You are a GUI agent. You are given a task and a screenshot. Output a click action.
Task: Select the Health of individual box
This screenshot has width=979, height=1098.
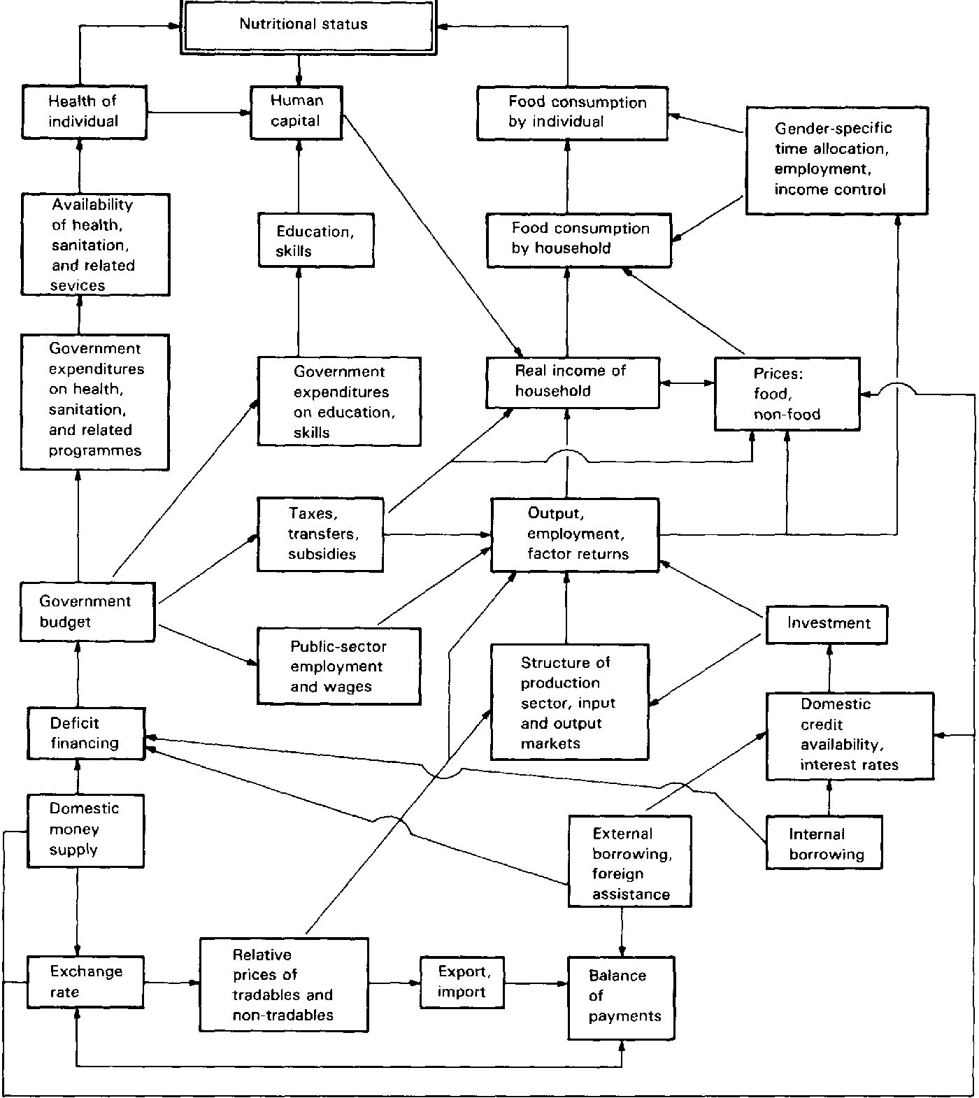(x=84, y=112)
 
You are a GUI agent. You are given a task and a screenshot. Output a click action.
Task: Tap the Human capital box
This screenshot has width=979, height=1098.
(x=296, y=112)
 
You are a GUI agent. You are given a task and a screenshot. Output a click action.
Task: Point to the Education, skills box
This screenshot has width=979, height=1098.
(x=316, y=241)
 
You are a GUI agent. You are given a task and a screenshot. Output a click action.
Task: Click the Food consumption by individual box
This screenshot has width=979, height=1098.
(x=573, y=113)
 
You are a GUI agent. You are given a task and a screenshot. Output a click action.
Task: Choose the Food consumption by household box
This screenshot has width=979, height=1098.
(x=579, y=240)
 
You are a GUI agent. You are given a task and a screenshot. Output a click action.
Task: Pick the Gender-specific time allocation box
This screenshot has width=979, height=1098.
(x=837, y=160)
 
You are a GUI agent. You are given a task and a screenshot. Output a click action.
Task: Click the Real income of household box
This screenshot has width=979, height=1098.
(x=573, y=383)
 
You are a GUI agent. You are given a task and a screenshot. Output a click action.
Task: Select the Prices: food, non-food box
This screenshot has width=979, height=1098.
(x=787, y=394)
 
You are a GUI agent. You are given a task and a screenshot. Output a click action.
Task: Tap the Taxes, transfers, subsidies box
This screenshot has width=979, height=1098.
(x=320, y=534)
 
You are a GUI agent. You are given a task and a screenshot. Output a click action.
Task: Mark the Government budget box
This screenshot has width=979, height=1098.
(x=87, y=611)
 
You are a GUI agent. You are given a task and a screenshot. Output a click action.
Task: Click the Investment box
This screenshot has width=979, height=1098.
(x=827, y=624)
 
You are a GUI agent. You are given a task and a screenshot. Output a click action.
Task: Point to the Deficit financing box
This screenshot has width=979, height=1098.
(x=86, y=734)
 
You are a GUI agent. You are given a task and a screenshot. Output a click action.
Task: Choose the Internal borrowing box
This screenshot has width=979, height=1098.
(x=824, y=843)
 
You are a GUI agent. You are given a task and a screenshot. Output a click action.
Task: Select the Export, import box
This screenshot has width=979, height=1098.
(x=462, y=982)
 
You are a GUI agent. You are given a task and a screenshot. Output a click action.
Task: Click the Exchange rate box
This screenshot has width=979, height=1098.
(x=85, y=982)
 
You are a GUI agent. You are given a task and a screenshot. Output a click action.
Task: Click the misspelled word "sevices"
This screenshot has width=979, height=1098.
(x=77, y=285)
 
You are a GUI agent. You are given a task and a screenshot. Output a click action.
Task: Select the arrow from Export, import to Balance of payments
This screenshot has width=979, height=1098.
(x=536, y=983)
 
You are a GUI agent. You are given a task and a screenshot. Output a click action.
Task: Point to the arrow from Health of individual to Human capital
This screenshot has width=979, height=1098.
(x=199, y=112)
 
